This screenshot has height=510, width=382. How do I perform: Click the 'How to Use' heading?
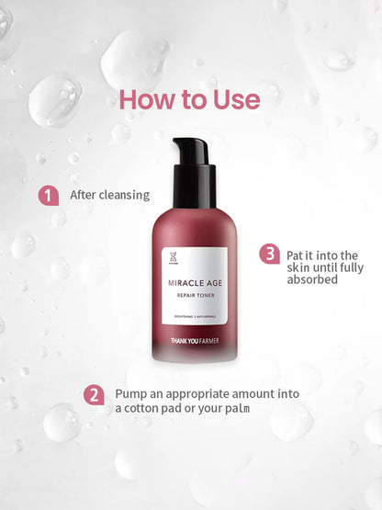pyautogui.click(x=190, y=99)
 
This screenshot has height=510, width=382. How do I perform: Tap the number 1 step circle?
pyautogui.click(x=47, y=195)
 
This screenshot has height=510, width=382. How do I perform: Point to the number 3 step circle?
pyautogui.click(x=269, y=254)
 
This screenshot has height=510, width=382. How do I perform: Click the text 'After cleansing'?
pyautogui.click(x=109, y=195)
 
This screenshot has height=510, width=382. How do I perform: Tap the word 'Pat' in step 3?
pyautogui.click(x=296, y=255)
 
